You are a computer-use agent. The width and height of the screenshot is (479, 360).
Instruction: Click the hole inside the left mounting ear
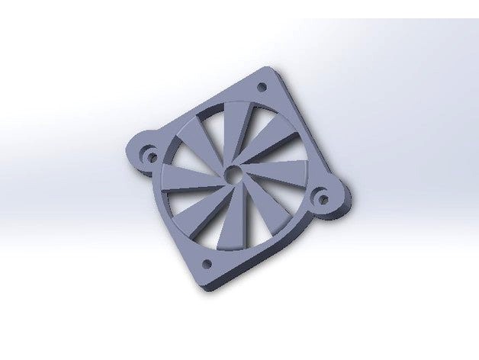click(151, 157)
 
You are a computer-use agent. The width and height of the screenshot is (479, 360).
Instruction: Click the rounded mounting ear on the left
click(143, 151)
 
